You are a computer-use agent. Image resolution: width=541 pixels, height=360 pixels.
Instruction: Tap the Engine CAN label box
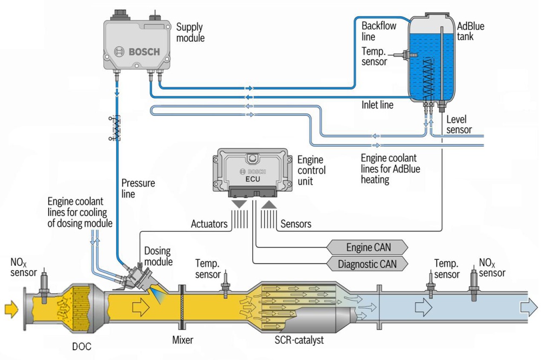(367, 247)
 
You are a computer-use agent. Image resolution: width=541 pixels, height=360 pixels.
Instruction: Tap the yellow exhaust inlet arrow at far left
(11, 309)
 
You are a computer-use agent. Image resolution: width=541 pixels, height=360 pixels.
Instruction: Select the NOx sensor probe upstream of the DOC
(44, 282)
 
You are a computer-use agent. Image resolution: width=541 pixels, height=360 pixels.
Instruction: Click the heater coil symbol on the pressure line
(115, 128)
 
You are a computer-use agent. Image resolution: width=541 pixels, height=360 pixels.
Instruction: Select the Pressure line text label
(138, 188)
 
